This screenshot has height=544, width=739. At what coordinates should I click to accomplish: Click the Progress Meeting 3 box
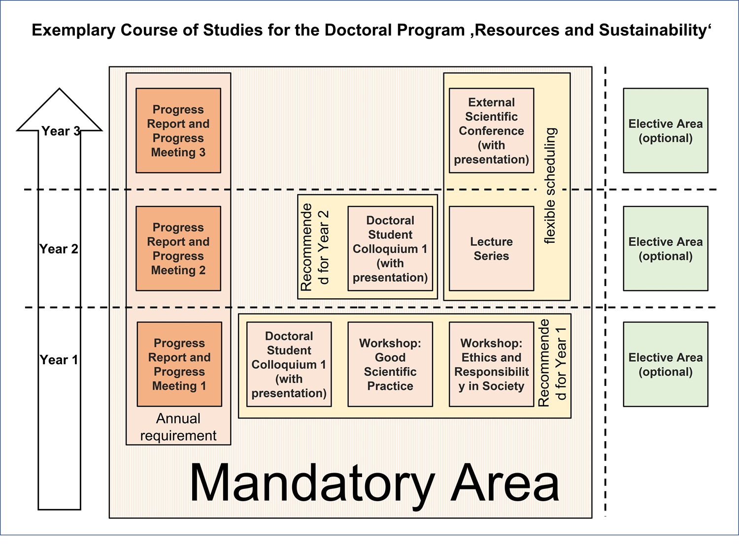point(178,130)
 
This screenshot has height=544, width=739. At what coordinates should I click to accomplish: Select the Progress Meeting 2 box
point(178,249)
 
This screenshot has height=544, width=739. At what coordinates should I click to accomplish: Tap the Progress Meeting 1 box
point(179,364)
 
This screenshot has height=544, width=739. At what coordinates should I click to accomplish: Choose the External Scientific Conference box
point(491,130)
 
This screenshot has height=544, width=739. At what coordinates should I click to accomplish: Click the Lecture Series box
point(491,249)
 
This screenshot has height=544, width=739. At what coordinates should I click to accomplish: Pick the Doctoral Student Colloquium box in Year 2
point(390,249)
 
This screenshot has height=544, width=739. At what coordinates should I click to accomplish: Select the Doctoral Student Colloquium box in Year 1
point(289,364)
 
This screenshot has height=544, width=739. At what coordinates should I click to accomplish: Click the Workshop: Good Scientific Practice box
point(390,364)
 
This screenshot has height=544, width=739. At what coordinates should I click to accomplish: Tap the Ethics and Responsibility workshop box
point(491,364)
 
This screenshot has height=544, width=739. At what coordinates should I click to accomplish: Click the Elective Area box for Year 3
point(666,130)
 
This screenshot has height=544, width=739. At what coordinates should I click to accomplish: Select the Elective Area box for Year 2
point(666,249)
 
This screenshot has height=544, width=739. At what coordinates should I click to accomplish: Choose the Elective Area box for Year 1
point(666,364)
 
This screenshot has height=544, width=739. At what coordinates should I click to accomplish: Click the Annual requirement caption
point(178,427)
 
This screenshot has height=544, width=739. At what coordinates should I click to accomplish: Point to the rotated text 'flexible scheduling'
point(550,186)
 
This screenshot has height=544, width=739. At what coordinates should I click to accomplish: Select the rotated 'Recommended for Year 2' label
point(314,247)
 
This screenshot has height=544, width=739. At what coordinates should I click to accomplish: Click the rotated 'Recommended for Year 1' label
point(552,363)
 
